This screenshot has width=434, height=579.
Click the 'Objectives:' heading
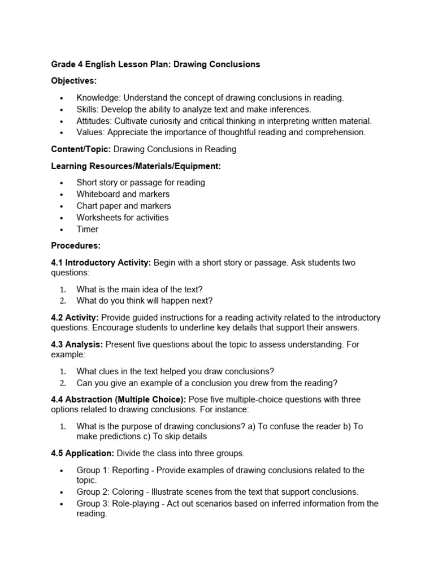74,81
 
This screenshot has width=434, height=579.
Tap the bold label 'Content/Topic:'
81,149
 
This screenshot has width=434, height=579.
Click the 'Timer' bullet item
87,229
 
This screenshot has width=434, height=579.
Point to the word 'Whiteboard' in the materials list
98,194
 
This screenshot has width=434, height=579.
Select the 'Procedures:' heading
76,245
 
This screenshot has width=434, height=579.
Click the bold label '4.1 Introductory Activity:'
101,262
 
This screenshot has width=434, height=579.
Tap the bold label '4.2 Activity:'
75,317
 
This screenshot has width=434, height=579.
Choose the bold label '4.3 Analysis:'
77,344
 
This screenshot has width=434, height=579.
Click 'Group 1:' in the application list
93,470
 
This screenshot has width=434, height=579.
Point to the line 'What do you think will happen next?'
144,300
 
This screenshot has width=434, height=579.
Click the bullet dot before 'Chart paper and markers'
62,206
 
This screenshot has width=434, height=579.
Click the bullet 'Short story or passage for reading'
140,183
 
